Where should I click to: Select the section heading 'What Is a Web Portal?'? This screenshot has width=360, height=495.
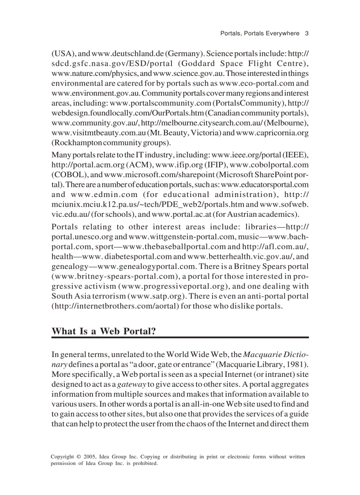104,331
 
